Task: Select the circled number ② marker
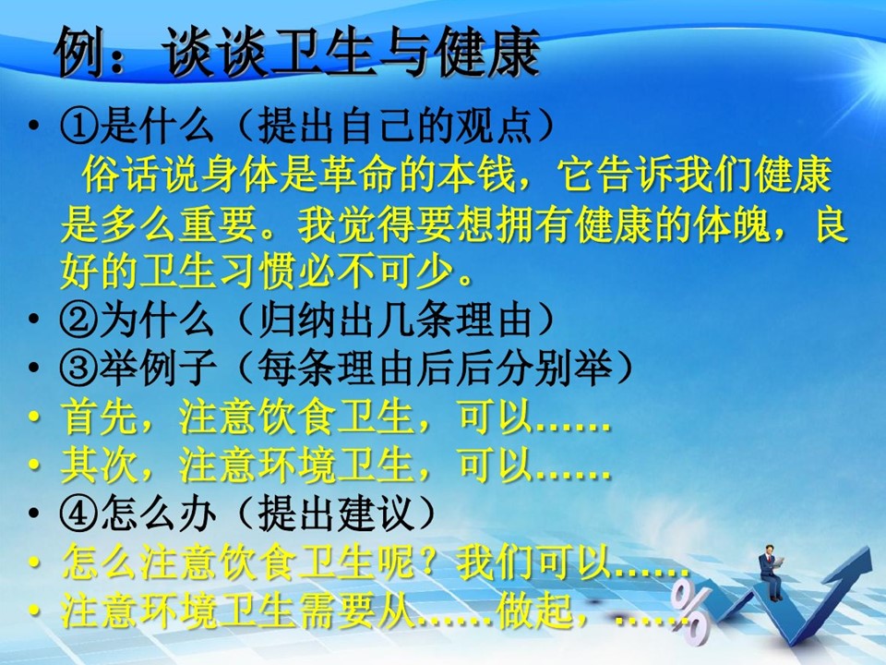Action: (79, 320)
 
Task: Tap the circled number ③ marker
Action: (79, 369)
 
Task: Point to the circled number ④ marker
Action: (79, 514)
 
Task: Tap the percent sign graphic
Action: (690, 612)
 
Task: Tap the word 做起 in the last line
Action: (534, 611)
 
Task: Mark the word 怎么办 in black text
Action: (158, 514)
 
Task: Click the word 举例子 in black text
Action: (158, 369)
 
